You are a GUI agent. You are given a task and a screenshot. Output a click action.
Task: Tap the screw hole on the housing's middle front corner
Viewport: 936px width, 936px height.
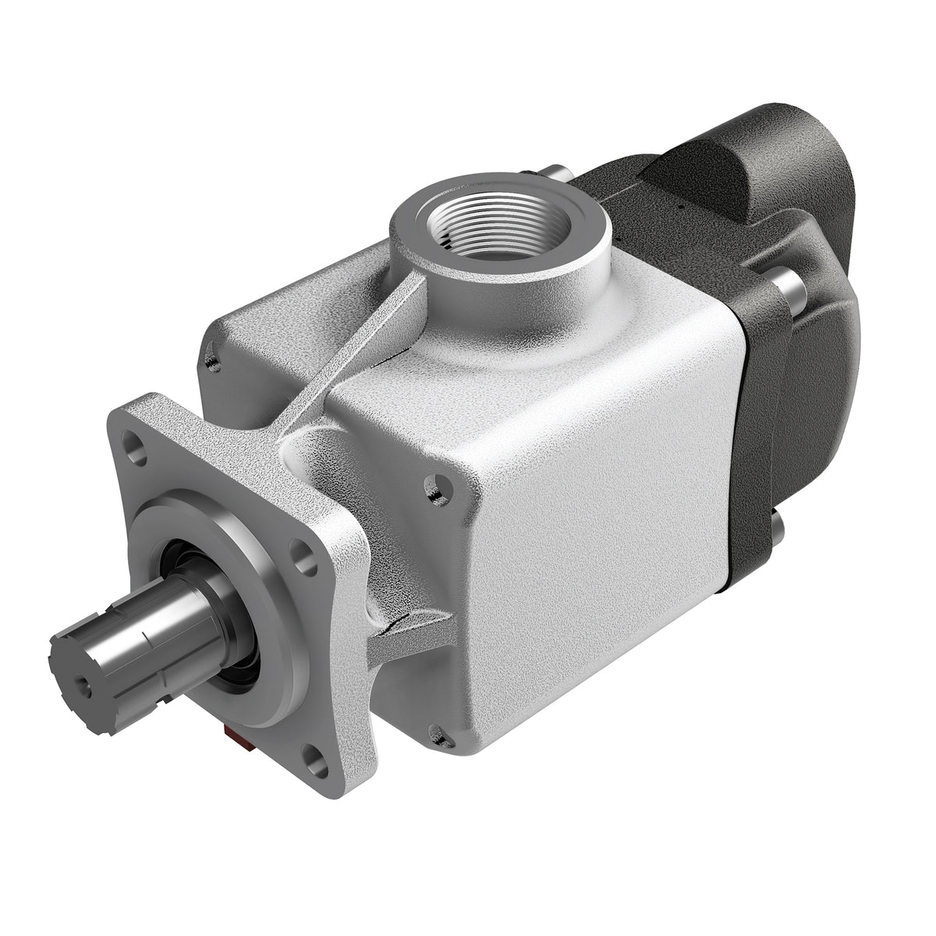point(433,488)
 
